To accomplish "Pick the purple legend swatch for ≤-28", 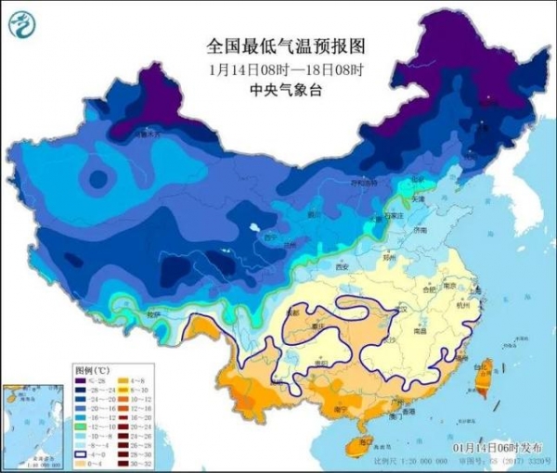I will tap(80, 381).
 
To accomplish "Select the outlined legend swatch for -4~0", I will tap(80, 455).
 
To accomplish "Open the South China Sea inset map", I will tap(33, 422).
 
